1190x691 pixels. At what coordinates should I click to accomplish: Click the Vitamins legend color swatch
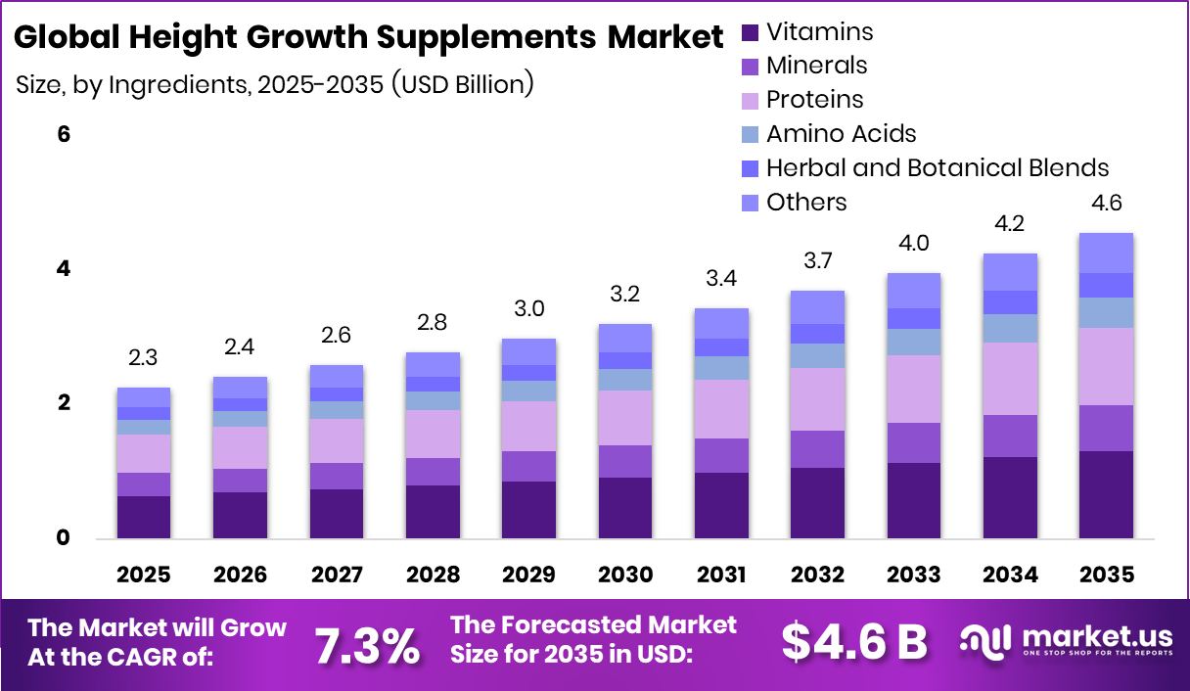tap(751, 32)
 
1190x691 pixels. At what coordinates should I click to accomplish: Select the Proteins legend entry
tap(814, 100)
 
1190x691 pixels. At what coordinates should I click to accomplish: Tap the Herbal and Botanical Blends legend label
tap(937, 167)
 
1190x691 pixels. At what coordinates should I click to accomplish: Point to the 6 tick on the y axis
tap(64, 134)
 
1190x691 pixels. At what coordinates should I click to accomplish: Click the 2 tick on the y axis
tap(64, 403)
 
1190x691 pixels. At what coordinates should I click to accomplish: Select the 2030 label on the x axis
tap(624, 575)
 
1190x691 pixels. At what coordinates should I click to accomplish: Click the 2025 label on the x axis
tap(143, 575)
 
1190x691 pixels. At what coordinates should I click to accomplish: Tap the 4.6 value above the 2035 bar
tap(1106, 204)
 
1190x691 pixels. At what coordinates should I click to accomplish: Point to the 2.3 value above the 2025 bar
tap(143, 358)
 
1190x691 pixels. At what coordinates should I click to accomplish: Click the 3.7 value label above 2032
tap(817, 261)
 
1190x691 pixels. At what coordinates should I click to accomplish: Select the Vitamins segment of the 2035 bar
tap(1106, 494)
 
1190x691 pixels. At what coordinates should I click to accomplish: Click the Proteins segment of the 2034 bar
tap(1010, 379)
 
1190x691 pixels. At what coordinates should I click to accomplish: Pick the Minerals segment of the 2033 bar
tap(913, 442)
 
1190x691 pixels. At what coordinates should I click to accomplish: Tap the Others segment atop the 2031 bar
tap(720, 323)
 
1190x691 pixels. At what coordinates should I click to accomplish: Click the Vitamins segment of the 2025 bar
tap(143, 517)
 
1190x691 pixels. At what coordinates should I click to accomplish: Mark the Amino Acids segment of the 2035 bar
tap(1106, 312)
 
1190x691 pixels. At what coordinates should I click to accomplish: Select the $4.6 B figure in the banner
tap(853, 642)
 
